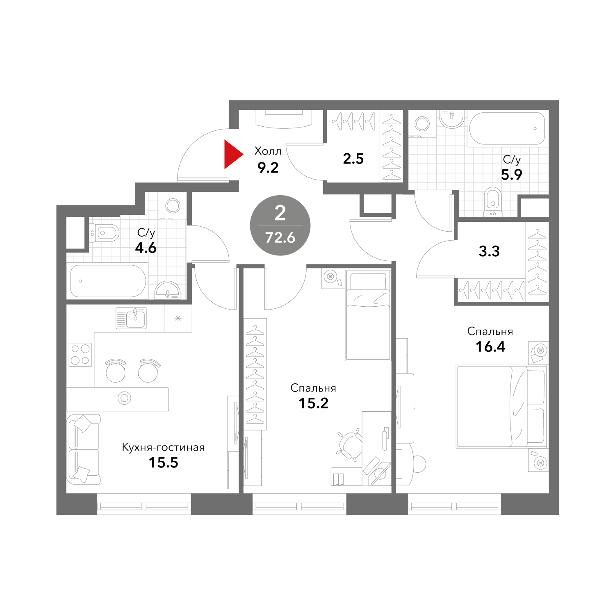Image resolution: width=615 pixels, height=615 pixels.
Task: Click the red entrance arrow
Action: [x=232, y=154]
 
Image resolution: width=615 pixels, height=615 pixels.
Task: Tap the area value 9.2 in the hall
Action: [x=268, y=168]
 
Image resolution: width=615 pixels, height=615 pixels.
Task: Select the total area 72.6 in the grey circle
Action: [x=280, y=237]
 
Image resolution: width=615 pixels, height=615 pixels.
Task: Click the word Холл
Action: [x=268, y=151]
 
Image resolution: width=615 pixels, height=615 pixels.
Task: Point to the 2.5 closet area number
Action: [x=353, y=159]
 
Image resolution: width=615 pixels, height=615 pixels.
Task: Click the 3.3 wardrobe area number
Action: [x=489, y=251]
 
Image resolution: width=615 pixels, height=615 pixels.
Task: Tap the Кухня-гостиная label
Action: [x=163, y=447]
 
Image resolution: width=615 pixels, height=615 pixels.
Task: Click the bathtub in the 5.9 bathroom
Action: [x=507, y=129]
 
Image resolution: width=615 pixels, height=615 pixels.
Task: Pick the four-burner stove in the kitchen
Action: [x=80, y=354]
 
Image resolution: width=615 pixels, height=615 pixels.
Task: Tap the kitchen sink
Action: [x=131, y=318]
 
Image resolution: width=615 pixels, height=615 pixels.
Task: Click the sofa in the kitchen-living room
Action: [x=84, y=449]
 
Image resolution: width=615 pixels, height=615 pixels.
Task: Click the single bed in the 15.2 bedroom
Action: [x=368, y=315]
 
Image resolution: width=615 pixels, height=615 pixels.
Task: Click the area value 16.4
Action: [x=490, y=347]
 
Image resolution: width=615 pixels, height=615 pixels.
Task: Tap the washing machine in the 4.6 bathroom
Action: [x=173, y=206]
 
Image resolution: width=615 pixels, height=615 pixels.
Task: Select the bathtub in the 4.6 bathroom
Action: [x=108, y=281]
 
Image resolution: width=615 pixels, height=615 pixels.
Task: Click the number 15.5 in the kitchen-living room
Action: [x=163, y=463]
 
